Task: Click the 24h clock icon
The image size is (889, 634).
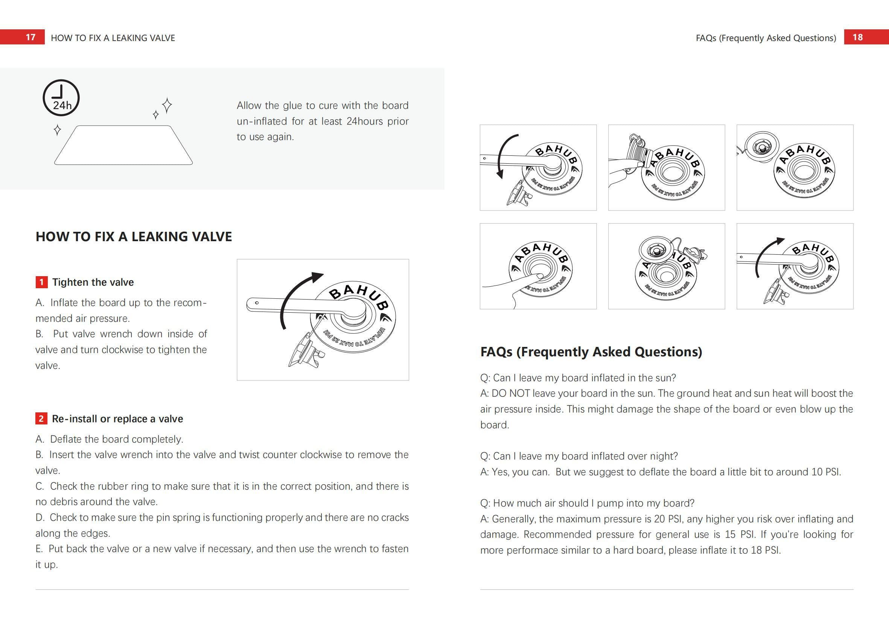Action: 61,97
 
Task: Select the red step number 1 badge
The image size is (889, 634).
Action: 41,282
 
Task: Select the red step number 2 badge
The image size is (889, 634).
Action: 41,419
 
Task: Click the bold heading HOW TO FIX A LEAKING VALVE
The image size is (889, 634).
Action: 134,237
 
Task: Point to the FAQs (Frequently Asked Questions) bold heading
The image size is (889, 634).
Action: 591,352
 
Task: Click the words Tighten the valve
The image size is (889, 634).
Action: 93,282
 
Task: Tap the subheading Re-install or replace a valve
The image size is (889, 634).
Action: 117,419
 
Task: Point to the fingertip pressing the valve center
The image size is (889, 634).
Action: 539,277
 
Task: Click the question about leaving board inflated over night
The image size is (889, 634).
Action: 578,456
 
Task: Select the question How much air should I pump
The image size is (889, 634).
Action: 587,503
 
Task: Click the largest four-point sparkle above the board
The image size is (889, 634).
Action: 167,105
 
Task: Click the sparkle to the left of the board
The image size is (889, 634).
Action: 57,129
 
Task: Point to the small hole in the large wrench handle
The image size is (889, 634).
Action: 257,303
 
